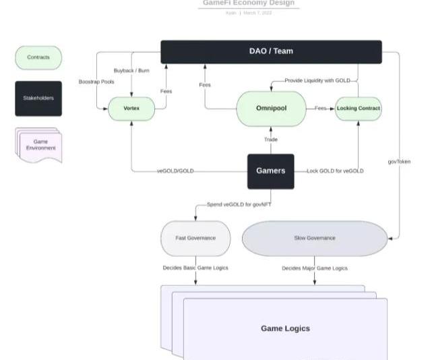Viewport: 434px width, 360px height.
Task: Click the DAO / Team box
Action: [271, 51]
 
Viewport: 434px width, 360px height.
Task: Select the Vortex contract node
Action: [131, 108]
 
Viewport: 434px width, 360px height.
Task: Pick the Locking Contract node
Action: [358, 108]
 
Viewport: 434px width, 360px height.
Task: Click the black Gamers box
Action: [270, 171]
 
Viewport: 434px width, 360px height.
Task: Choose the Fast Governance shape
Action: [195, 238]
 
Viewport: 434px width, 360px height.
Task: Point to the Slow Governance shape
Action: [314, 238]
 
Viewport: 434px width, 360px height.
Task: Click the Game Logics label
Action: [285, 328]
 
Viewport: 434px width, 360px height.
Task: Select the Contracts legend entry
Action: [38, 58]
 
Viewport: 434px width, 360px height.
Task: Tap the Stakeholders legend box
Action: [38, 98]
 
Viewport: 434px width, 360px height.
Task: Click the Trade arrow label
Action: [270, 140]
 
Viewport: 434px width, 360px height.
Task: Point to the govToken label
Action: [399, 162]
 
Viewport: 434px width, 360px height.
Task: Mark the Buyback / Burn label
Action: [131, 70]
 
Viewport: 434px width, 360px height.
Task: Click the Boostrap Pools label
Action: [96, 82]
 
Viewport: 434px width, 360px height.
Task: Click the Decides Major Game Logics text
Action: [314, 268]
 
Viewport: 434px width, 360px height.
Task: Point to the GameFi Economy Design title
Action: [249, 3]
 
